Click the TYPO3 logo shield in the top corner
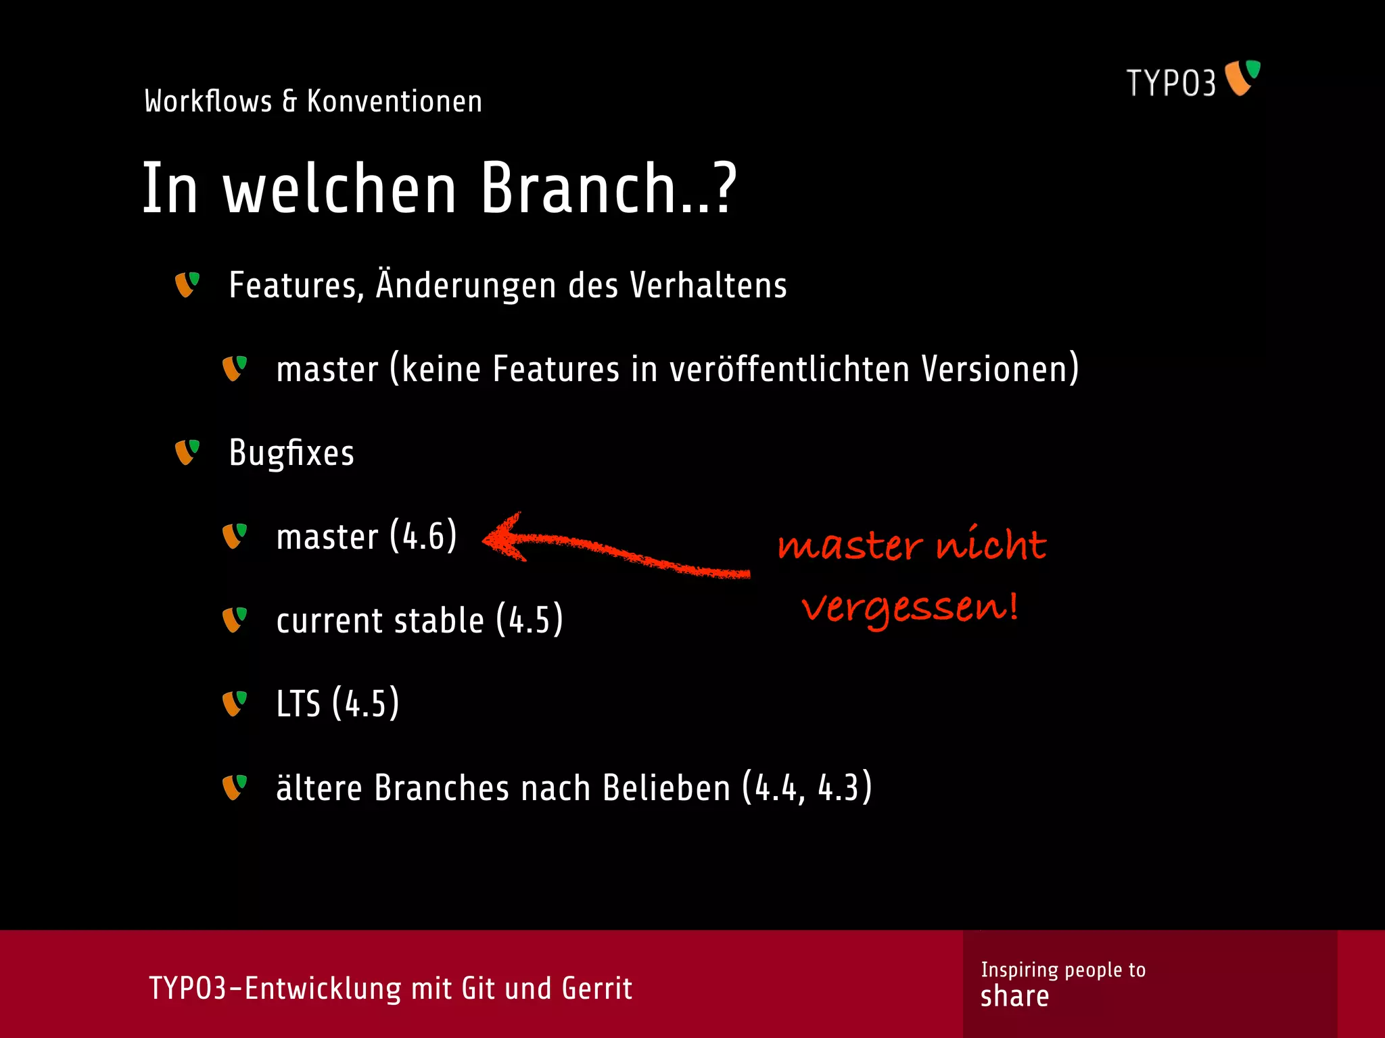pyautogui.click(x=1242, y=78)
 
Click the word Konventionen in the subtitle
pyautogui.click(x=394, y=101)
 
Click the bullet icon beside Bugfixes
pyautogui.click(x=187, y=452)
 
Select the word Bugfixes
pyautogui.click(x=291, y=453)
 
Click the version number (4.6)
pyautogui.click(x=423, y=537)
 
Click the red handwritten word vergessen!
pyautogui.click(x=910, y=608)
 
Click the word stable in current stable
pyautogui.click(x=438, y=620)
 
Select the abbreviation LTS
pyautogui.click(x=298, y=703)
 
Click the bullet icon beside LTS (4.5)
pyautogui.click(x=235, y=703)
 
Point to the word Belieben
pyautogui.click(x=666, y=788)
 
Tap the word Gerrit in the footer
pyautogui.click(x=596, y=988)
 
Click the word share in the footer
pyautogui.click(x=1014, y=997)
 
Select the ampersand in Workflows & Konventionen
pyautogui.click(x=289, y=101)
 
